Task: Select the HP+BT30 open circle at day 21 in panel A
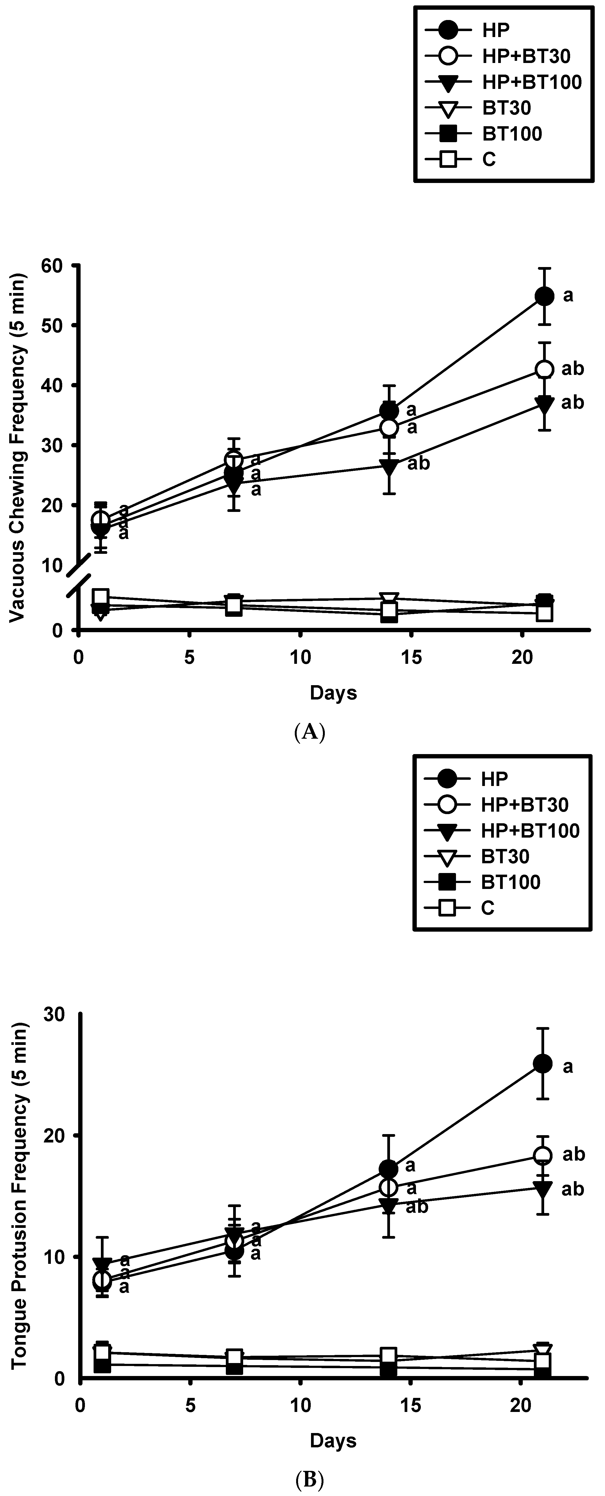point(544,369)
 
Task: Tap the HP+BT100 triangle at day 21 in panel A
point(544,403)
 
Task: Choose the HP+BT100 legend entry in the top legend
point(531,82)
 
